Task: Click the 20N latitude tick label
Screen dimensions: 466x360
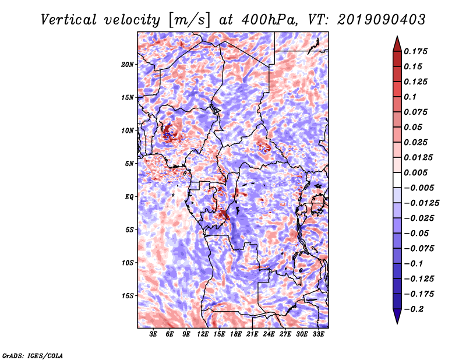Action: coord(128,64)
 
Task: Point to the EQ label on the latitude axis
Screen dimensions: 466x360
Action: coord(129,197)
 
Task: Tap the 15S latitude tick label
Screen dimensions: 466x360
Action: coord(128,296)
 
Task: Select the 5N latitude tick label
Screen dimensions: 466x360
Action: coord(129,164)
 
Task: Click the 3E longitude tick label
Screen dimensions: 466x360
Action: coord(153,334)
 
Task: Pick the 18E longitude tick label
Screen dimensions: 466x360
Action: coord(236,334)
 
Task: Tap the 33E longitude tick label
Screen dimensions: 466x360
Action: coord(318,334)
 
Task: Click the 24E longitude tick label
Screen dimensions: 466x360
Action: coord(269,334)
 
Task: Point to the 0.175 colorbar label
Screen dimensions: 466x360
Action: coord(415,51)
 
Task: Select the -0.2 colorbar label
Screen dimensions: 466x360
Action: coord(414,309)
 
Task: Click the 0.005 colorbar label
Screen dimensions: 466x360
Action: coord(415,172)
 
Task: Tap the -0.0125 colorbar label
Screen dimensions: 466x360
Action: coord(421,203)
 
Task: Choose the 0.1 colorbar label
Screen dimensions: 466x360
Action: coord(410,97)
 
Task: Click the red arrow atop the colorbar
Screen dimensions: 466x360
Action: coord(397,44)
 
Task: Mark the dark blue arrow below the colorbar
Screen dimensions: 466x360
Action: coord(397,316)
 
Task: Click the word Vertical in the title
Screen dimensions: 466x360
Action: coord(69,20)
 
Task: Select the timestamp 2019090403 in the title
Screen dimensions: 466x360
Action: coord(382,20)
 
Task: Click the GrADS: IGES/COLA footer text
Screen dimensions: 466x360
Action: coord(33,356)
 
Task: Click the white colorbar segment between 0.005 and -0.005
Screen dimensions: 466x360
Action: coord(397,180)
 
